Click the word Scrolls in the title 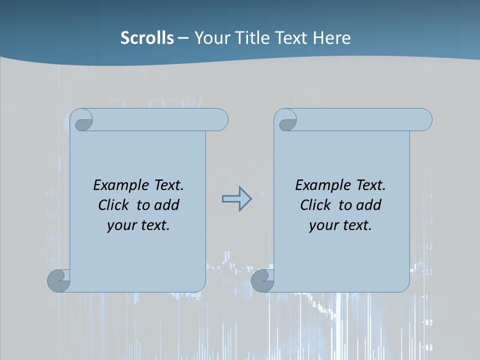pyautogui.click(x=147, y=37)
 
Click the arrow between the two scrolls pyautogui.click(x=236, y=199)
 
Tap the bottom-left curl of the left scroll pyautogui.click(x=58, y=280)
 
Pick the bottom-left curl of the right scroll pyautogui.click(x=262, y=280)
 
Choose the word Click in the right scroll pyautogui.click(x=315, y=205)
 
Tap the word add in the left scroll pyautogui.click(x=166, y=205)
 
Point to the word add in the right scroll pyautogui.click(x=368, y=205)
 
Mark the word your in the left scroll pyautogui.click(x=121, y=225)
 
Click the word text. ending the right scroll pyautogui.click(x=356, y=225)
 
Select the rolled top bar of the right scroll pyautogui.click(x=360, y=120)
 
